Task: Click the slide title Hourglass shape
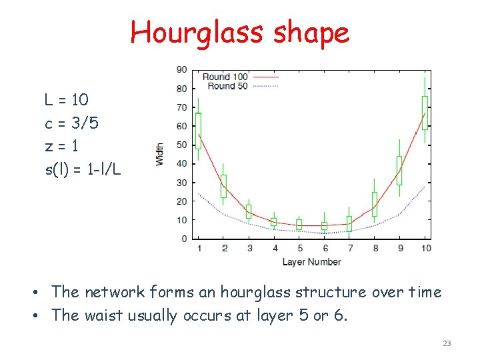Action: click(x=239, y=32)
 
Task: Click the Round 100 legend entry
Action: click(x=225, y=77)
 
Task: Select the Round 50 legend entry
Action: click(x=227, y=86)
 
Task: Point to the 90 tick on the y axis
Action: click(x=181, y=69)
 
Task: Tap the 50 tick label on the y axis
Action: click(x=181, y=145)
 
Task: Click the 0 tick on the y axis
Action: click(x=184, y=239)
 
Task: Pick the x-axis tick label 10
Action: click(x=426, y=248)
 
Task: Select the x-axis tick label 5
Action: click(x=299, y=248)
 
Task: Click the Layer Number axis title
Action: click(x=311, y=262)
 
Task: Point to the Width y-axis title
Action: click(x=160, y=154)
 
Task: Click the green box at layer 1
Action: click(x=198, y=131)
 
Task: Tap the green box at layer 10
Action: click(x=425, y=113)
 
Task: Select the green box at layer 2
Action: click(x=223, y=186)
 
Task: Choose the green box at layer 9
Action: click(x=399, y=170)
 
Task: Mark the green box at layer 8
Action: click(x=375, y=204)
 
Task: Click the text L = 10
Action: click(x=66, y=101)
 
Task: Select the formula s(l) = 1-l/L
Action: click(x=83, y=169)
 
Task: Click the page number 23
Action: click(x=447, y=343)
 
